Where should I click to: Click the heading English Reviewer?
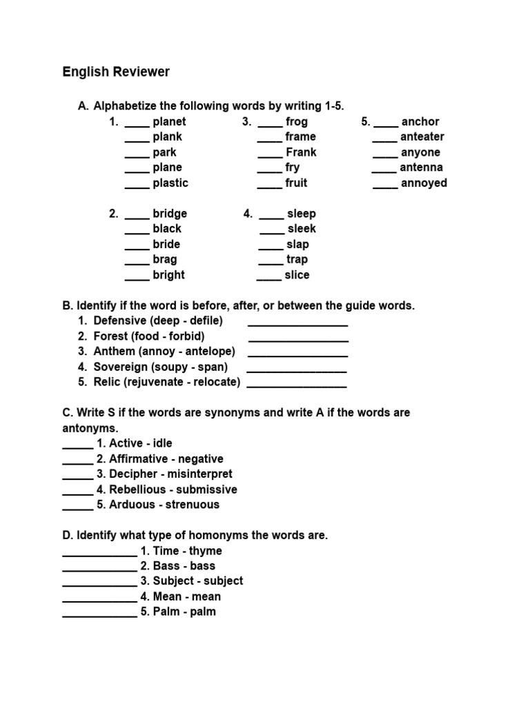[x=116, y=72]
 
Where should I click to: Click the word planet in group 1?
[x=169, y=121]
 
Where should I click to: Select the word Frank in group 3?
[x=301, y=152]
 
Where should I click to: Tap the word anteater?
[x=422, y=137]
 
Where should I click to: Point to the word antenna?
[x=421, y=167]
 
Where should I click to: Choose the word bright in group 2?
[x=168, y=274]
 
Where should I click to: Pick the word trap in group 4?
[x=297, y=259]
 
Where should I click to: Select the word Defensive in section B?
[x=120, y=321]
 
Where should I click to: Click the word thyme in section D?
[x=206, y=551]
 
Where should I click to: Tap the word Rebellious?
[x=138, y=489]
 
